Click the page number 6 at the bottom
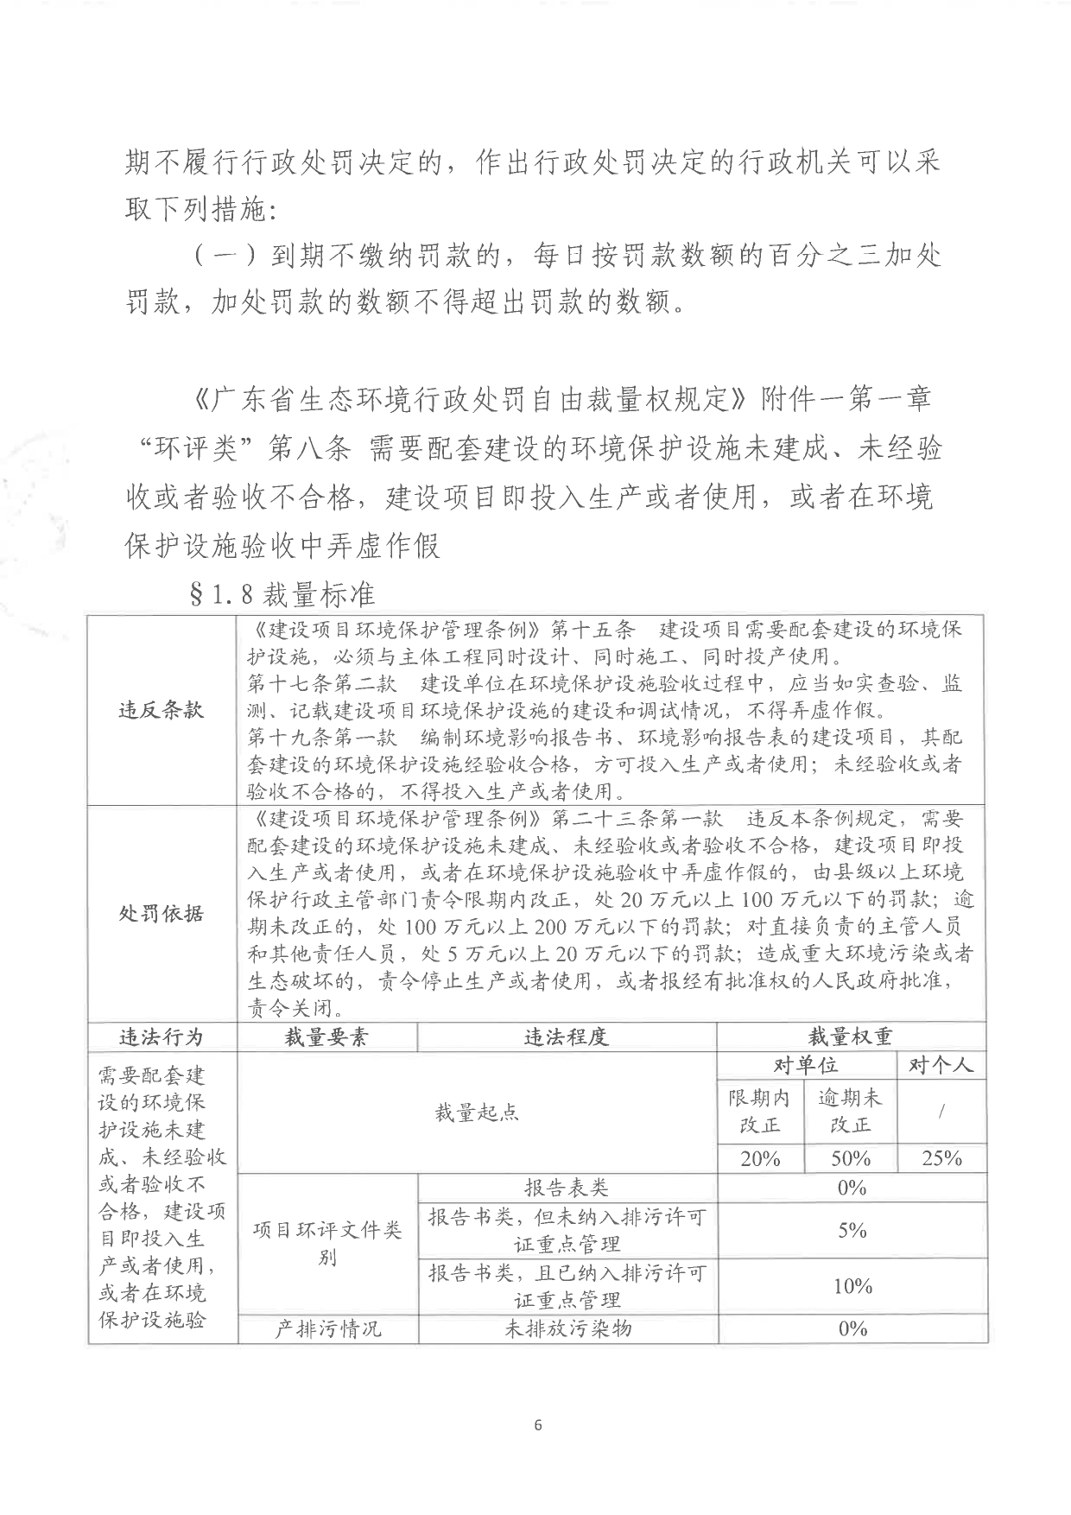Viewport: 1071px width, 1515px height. (538, 1424)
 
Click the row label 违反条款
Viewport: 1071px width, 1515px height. (162, 710)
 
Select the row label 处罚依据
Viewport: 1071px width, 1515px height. (162, 913)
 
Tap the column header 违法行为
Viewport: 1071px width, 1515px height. (162, 1036)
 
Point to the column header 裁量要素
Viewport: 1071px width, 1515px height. (326, 1036)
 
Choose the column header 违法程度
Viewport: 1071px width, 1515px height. (567, 1036)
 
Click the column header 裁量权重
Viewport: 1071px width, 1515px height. (851, 1036)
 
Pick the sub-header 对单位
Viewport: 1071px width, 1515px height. (806, 1065)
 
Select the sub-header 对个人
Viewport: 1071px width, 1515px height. (941, 1065)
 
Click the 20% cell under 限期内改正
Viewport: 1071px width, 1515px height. (760, 1158)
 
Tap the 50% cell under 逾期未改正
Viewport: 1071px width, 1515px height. (851, 1158)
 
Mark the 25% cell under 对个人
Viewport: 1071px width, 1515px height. (941, 1158)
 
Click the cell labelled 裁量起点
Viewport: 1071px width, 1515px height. (477, 1112)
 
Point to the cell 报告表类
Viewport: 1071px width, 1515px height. (567, 1188)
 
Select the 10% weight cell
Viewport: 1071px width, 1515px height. (852, 1286)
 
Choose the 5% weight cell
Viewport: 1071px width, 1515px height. (852, 1230)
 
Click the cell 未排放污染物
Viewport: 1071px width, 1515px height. (567, 1328)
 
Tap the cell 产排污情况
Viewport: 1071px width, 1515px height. (327, 1328)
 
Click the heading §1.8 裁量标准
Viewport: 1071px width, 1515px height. (282, 595)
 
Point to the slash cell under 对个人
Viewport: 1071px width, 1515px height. (941, 1112)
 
